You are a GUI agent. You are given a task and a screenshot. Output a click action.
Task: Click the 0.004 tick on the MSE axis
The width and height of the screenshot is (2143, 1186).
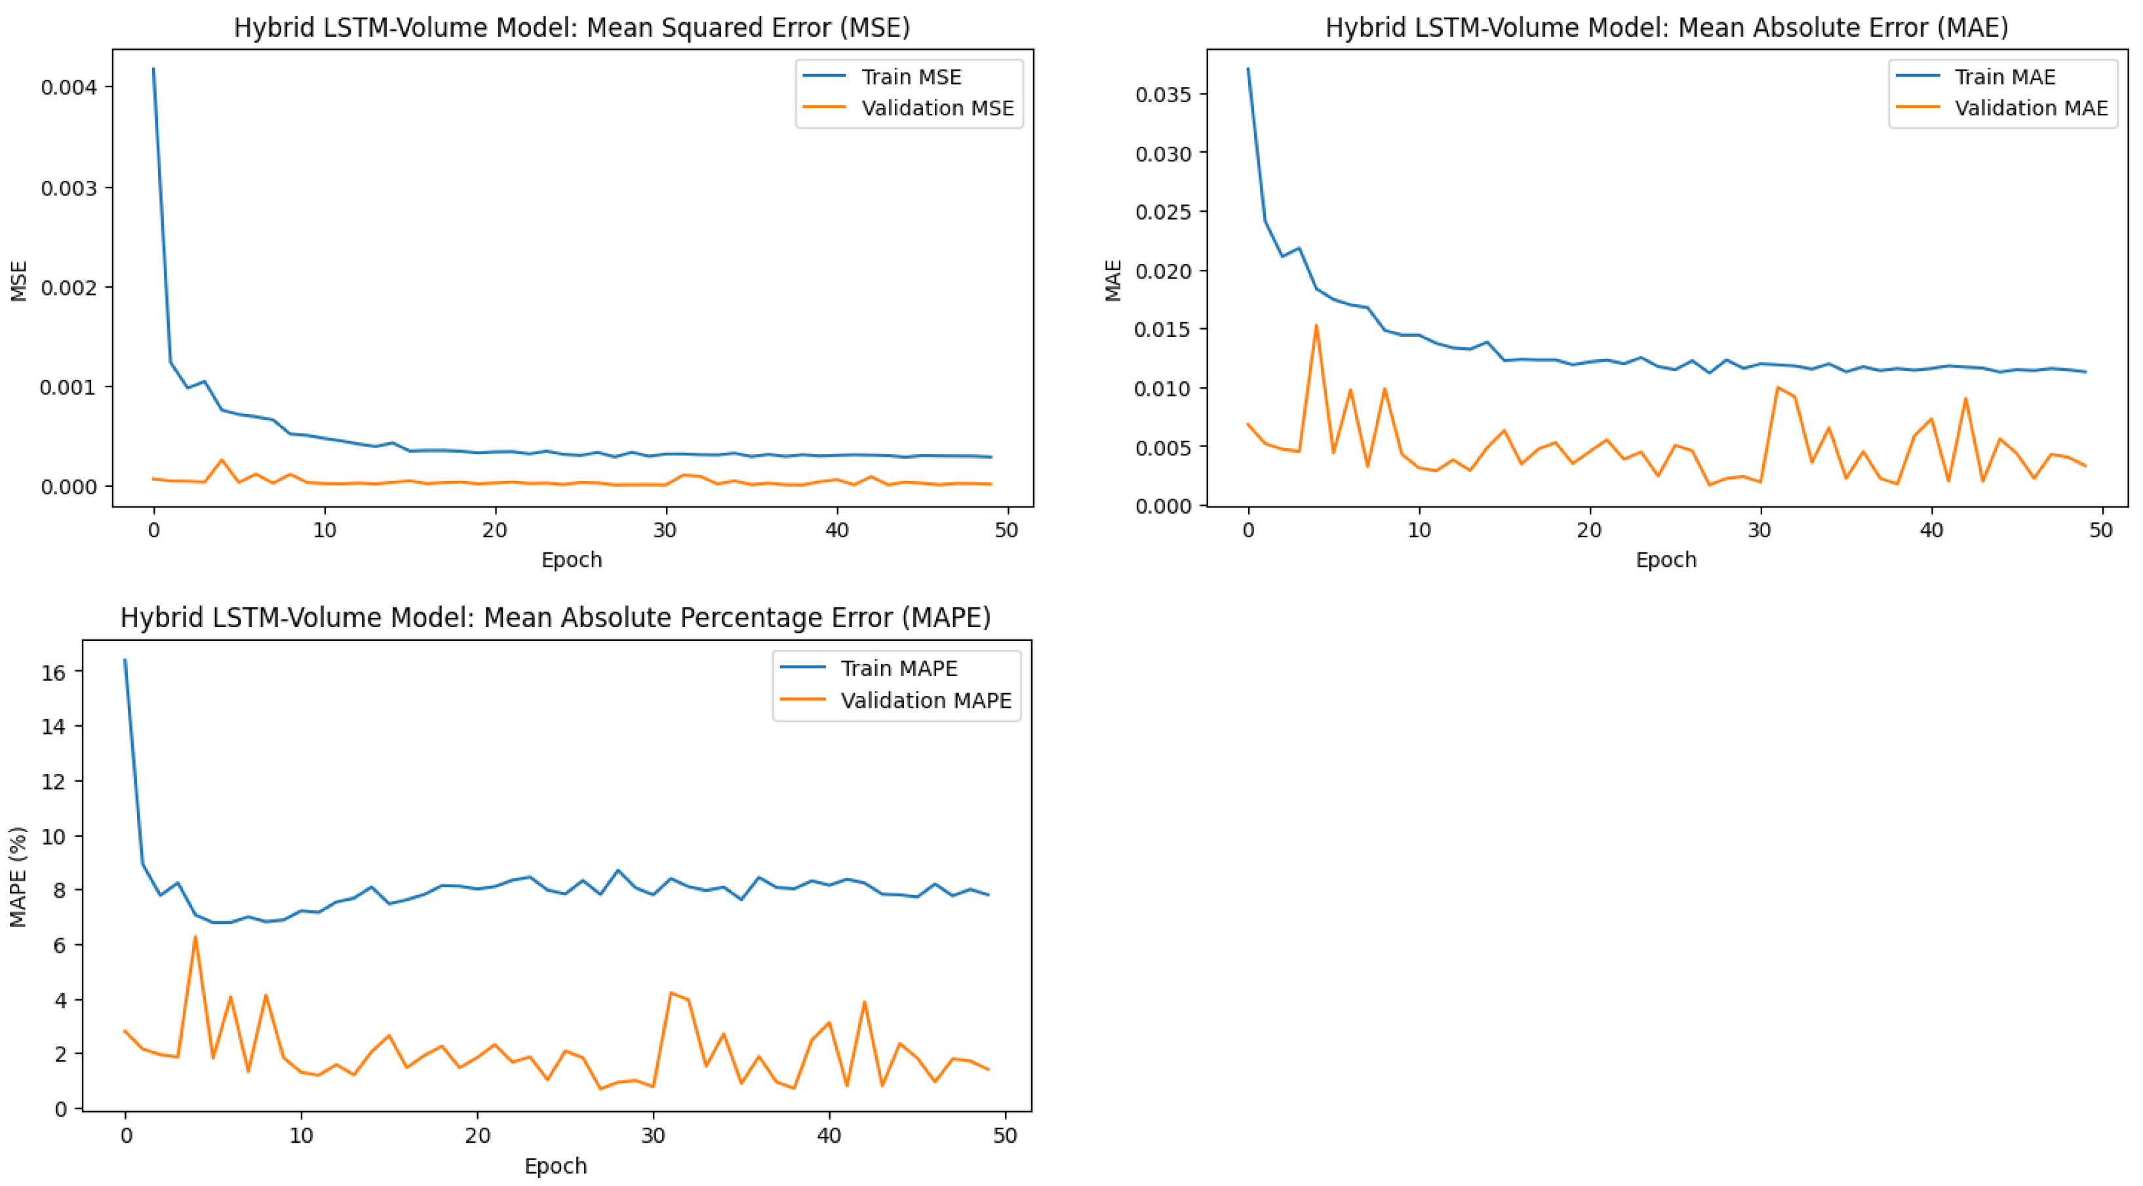point(68,87)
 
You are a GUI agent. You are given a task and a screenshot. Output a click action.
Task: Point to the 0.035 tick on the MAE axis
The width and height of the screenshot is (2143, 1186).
point(1163,94)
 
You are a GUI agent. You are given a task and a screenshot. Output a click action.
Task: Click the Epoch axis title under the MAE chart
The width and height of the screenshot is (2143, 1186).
point(1666,560)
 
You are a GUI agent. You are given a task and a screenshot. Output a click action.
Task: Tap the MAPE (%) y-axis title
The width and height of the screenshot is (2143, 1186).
point(18,877)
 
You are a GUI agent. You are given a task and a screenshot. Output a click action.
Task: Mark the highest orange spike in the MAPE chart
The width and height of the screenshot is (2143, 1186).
point(195,936)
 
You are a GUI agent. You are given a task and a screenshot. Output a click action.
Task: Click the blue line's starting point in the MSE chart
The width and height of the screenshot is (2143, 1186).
point(153,69)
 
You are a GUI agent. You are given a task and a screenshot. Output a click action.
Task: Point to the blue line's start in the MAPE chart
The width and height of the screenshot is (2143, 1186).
point(125,660)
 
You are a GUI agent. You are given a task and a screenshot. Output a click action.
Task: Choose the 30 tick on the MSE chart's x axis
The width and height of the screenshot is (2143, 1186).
point(665,531)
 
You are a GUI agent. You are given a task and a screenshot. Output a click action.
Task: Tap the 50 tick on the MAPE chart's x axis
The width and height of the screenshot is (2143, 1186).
point(1005,1136)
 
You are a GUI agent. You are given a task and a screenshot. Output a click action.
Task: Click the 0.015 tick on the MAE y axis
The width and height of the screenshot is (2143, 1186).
point(1163,330)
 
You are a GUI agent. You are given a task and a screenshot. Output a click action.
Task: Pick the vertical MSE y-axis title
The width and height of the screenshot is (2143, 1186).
point(18,280)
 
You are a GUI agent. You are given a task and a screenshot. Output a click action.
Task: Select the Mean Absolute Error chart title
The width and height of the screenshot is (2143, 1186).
point(1666,28)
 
